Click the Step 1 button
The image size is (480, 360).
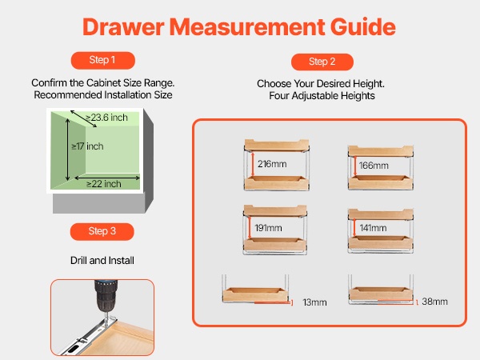pos(103,60)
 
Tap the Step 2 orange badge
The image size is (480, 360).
pos(322,62)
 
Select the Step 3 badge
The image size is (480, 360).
pos(102,231)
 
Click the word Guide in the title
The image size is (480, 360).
pos(363,27)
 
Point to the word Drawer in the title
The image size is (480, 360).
pos(123,27)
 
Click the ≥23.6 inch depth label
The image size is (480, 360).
pos(106,118)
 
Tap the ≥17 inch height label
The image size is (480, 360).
pos(87,146)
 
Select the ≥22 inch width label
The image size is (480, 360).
pos(104,184)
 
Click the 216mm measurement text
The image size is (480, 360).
pos(272,164)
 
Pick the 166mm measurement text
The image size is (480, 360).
pos(374,166)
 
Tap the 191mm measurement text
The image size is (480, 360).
pos(268,228)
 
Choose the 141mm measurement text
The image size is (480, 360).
pos(373,228)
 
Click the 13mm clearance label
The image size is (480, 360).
pos(314,302)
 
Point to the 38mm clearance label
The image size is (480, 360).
pos(434,302)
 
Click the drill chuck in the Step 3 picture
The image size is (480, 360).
pos(106,295)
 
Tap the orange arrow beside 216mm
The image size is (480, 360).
pos(253,164)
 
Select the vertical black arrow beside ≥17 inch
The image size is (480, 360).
pos(68,150)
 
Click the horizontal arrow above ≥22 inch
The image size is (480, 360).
pos(107,178)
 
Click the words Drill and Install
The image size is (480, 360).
pos(102,261)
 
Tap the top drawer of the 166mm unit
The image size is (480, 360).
pos(381,151)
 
